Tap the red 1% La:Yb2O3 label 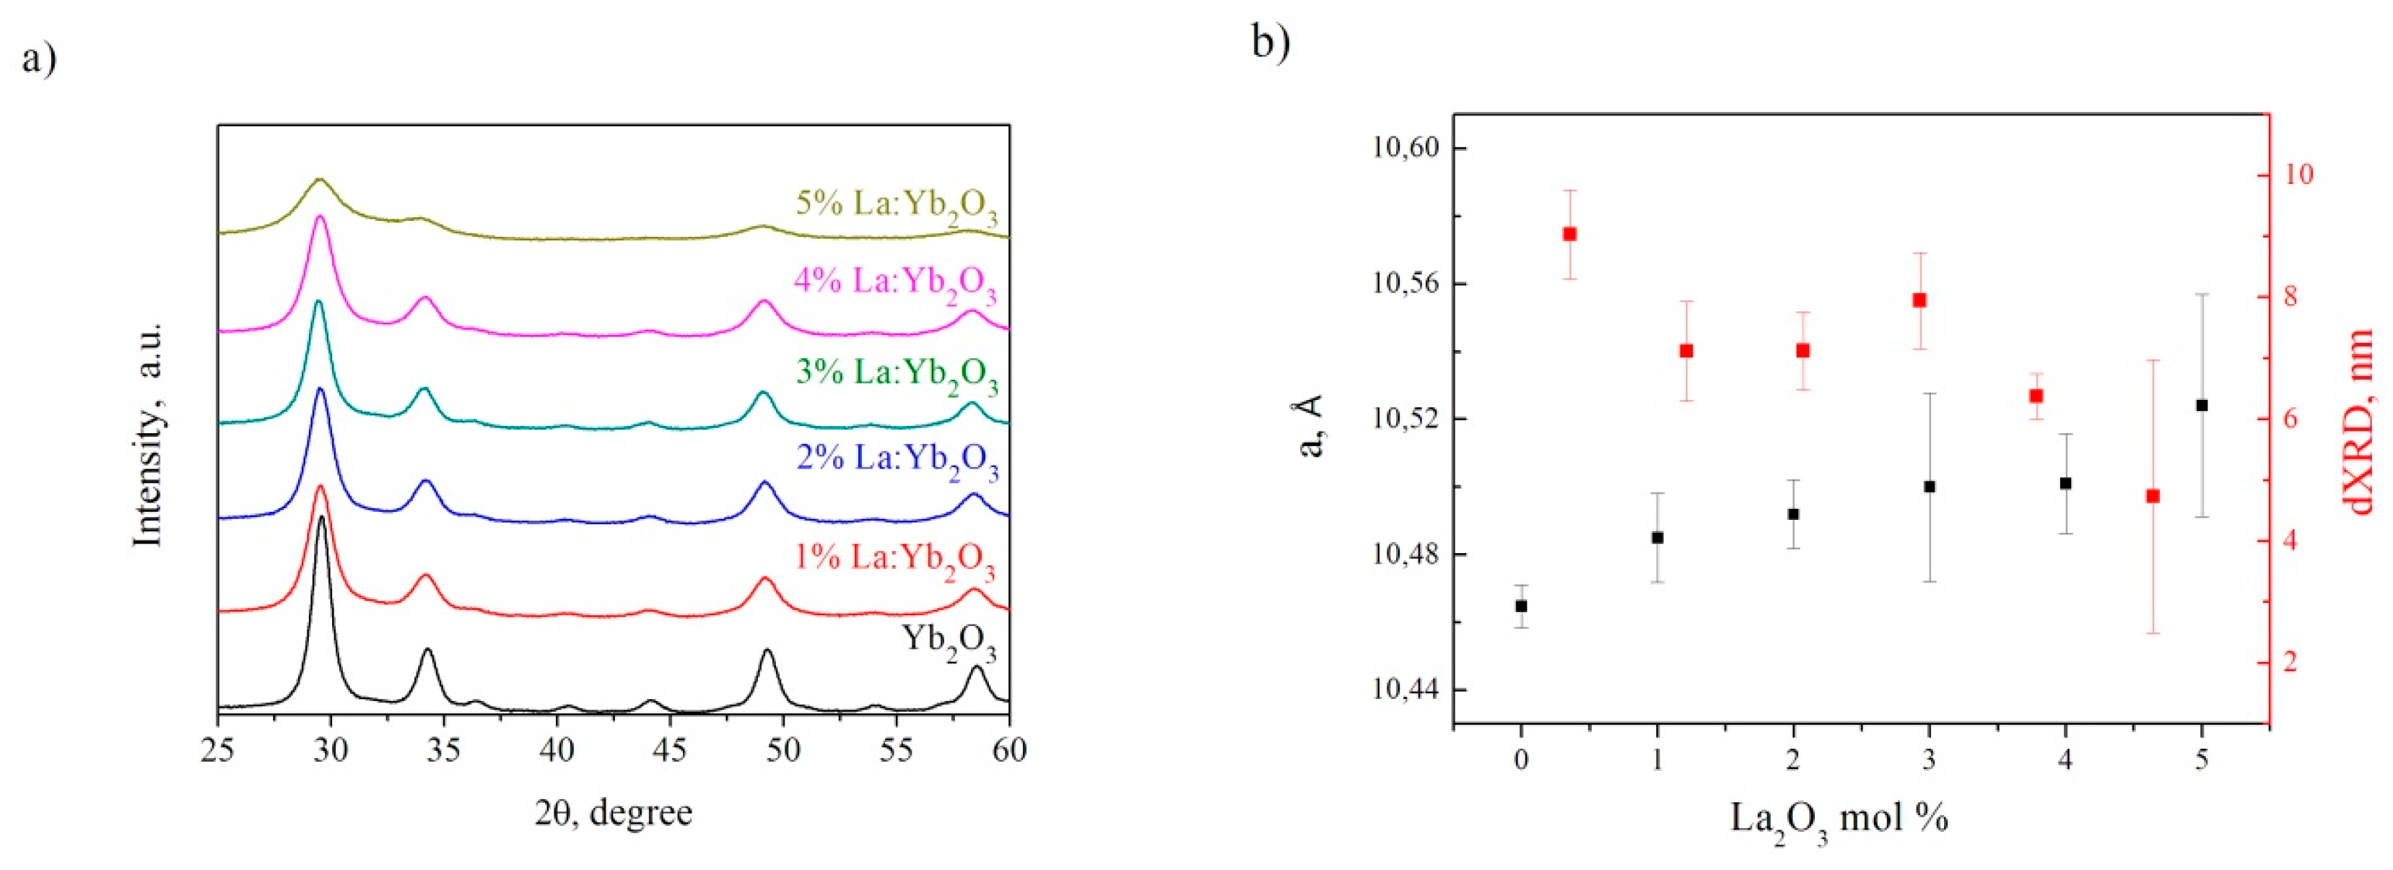[x=894, y=560]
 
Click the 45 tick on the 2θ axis [x=670, y=749]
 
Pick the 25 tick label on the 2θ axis [x=218, y=749]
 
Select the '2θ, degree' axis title [x=613, y=813]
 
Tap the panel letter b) [x=1270, y=41]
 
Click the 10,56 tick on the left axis [x=1403, y=284]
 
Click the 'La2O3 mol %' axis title [x=1839, y=819]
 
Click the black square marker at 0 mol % [x=1521, y=606]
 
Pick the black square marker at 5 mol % [x=2202, y=405]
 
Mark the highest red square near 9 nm [x=1570, y=234]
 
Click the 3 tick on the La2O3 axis [x=1930, y=761]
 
